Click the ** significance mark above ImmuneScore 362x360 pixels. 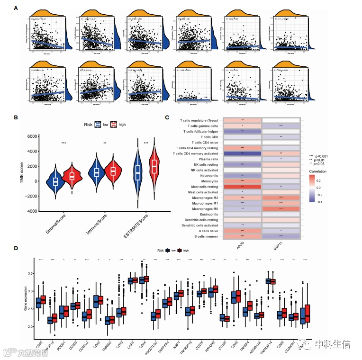pyautogui.click(x=105, y=143)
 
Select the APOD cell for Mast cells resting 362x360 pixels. pyautogui.click(x=242, y=187)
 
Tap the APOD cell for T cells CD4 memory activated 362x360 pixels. pyautogui.click(x=242, y=153)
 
